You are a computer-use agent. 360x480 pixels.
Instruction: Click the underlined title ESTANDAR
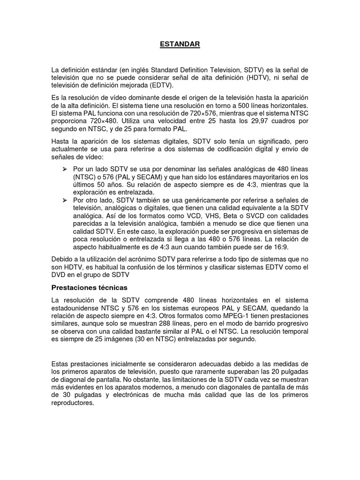(x=180, y=44)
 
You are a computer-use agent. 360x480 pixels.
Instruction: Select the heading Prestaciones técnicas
(x=90, y=286)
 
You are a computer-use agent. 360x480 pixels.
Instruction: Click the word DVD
(x=58, y=274)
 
